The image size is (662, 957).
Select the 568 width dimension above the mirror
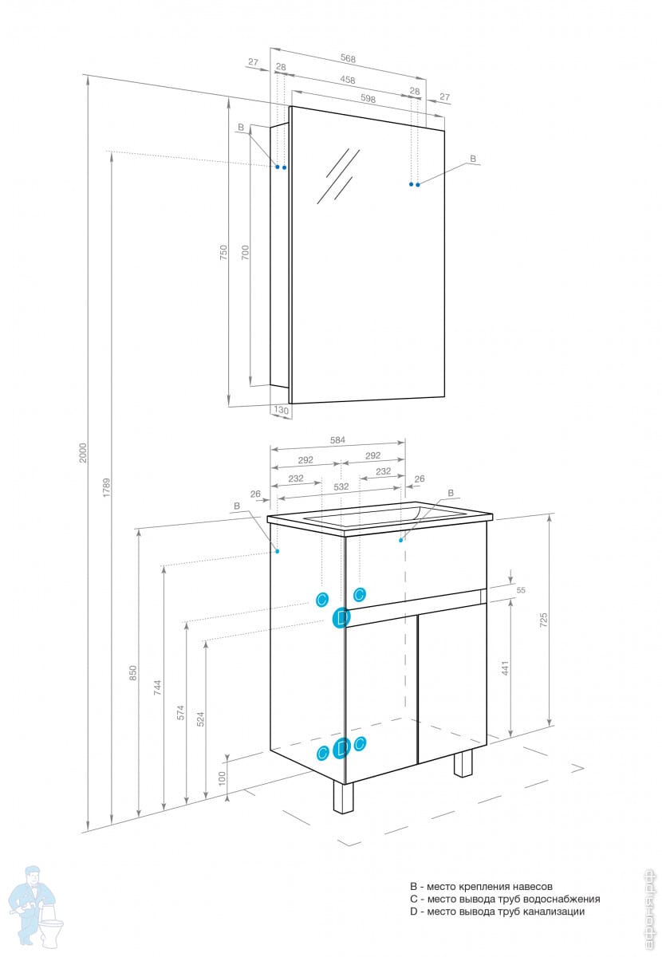[x=347, y=58]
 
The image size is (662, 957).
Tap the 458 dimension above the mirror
[x=347, y=80]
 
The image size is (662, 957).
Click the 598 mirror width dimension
[x=368, y=99]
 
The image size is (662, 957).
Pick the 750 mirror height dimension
[x=224, y=252]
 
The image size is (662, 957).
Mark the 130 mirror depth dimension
[x=281, y=410]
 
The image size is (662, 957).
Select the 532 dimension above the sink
[x=341, y=486]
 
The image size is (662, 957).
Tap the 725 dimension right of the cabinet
[x=544, y=620]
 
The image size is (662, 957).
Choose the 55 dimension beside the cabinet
[x=521, y=590]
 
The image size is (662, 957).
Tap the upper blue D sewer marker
[x=341, y=617]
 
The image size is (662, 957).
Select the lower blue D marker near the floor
[x=341, y=748]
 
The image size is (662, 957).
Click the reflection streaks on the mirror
[x=337, y=175]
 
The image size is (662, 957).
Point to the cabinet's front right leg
[x=343, y=797]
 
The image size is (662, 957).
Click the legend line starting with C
[x=504, y=899]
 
